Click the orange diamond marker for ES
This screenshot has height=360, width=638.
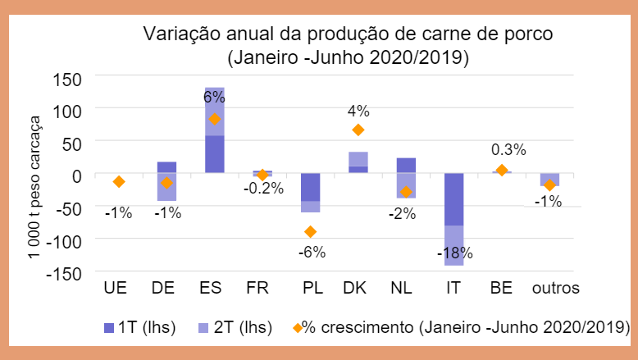click(x=215, y=119)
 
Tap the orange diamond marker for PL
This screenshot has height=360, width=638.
click(x=310, y=231)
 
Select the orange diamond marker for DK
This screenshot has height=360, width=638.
click(x=358, y=130)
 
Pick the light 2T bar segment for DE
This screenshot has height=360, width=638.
click(x=167, y=187)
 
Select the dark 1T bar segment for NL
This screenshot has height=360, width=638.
click(x=405, y=165)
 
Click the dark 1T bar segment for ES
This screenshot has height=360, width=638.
click(x=215, y=154)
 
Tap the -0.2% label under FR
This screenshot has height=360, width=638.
click(x=262, y=188)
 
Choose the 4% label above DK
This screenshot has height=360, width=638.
click(x=358, y=111)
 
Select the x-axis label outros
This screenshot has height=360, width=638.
click(x=555, y=289)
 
